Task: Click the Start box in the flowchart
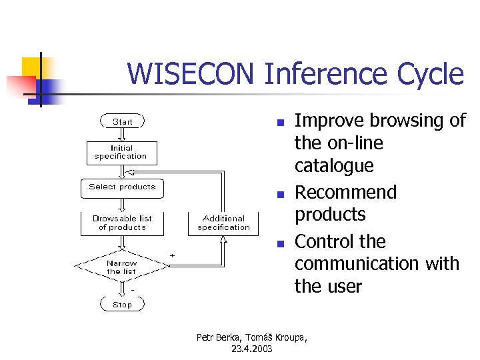click(122, 121)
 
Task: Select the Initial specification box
click(121, 153)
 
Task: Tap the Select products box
click(122, 187)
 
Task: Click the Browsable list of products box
click(122, 223)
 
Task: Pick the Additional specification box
click(223, 223)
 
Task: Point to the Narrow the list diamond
click(121, 267)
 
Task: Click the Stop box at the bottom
click(122, 304)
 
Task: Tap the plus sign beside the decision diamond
click(173, 255)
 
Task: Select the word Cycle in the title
click(431, 74)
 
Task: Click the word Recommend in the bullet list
click(345, 193)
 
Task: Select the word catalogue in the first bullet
click(334, 165)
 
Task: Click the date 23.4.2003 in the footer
click(252, 349)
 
